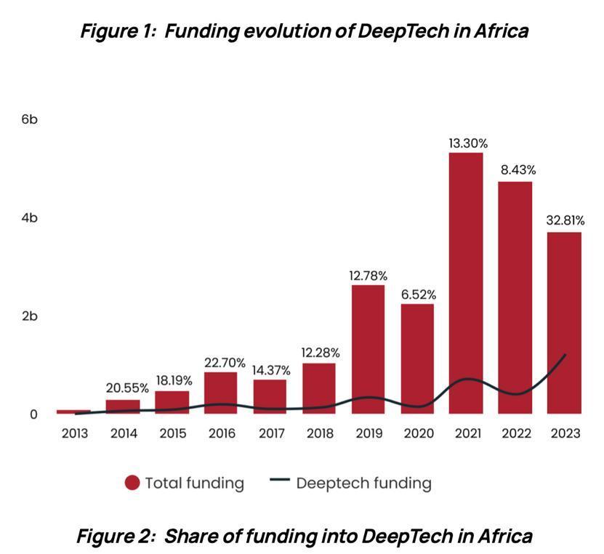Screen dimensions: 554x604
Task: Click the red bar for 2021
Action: [466, 284]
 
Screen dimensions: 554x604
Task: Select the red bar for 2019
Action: [368, 349]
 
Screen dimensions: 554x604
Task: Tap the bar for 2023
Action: [564, 323]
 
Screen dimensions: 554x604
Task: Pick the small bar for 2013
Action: [73, 412]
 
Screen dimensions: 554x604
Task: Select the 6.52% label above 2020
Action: [418, 294]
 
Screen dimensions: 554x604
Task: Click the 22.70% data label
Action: [221, 363]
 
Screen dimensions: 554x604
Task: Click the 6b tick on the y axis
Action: [30, 119]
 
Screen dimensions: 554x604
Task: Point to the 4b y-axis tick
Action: [30, 218]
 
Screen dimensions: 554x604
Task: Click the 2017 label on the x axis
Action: [270, 433]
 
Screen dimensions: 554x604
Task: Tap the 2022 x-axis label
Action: [515, 433]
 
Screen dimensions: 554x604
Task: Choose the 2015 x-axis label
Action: [172, 433]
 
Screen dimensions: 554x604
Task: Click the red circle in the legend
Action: [132, 483]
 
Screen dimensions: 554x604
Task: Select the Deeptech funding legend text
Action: [363, 483]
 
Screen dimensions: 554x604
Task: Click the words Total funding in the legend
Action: [194, 483]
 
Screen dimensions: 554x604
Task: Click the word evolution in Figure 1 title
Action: [278, 31]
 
